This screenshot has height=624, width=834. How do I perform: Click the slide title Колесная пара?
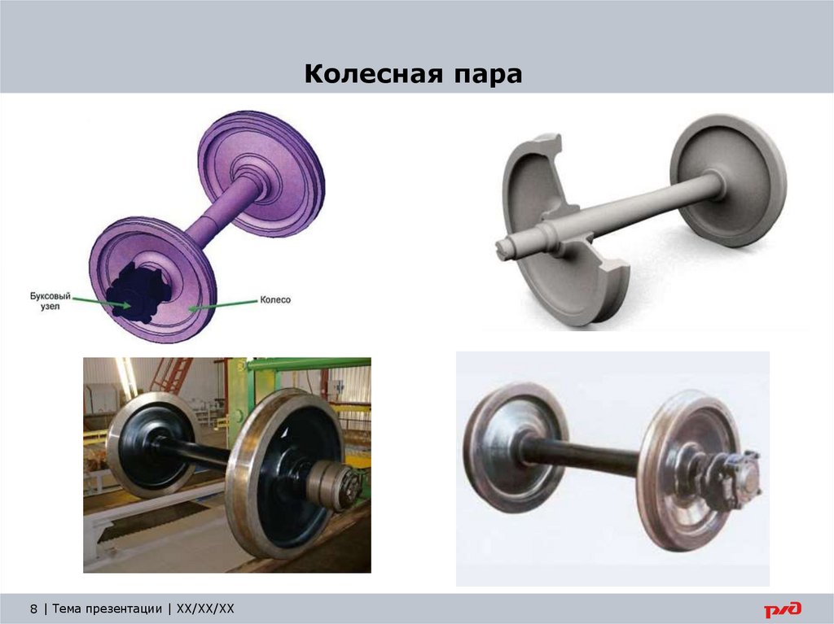(x=413, y=76)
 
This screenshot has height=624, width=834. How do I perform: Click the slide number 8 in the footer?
(x=33, y=609)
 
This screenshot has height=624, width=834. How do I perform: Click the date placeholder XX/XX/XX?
(x=205, y=609)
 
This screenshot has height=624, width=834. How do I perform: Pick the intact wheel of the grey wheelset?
(x=729, y=179)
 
